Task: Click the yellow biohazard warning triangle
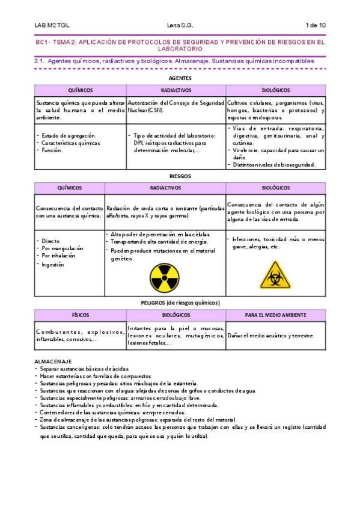[275, 275]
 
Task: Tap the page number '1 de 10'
[316, 25]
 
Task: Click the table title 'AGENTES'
[180, 78]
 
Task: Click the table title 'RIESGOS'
[180, 176]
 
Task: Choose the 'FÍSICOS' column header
[80, 315]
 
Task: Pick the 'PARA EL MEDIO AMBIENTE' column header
[275, 315]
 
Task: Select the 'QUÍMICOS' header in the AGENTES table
[81, 90]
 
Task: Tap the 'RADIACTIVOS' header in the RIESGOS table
[165, 188]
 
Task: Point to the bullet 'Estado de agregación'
[66, 136]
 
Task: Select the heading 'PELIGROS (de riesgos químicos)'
[180, 303]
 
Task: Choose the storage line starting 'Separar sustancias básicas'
[84, 369]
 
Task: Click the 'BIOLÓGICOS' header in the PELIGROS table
[176, 315]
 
